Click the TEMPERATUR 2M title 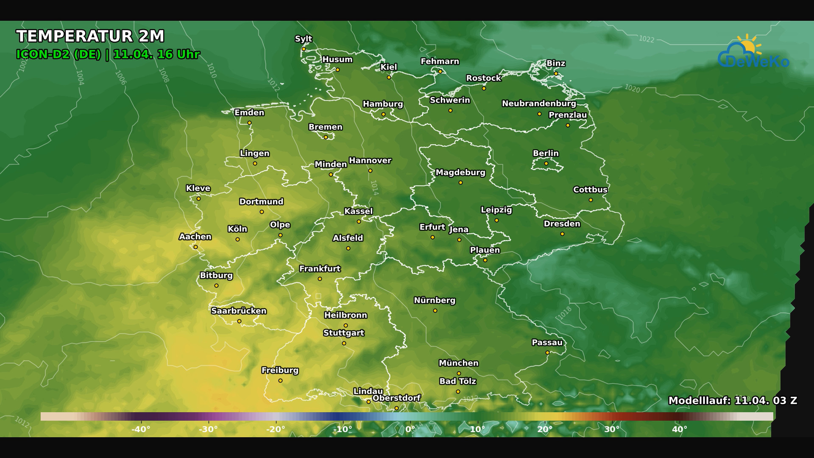pos(90,36)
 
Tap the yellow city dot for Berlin pos(546,164)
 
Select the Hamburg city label pos(382,104)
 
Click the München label pos(458,363)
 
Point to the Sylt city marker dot pos(304,49)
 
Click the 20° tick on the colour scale pos(545,429)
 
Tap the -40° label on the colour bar pos(141,429)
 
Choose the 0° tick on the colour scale pos(410,429)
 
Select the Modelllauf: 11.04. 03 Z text pos(732,401)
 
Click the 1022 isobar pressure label pos(646,39)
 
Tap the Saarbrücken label pos(239,311)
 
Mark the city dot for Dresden pos(562,234)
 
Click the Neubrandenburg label pos(538,103)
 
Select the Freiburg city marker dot pos(280,381)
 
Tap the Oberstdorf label pos(396,398)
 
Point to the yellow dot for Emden pos(249,123)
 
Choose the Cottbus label pos(590,190)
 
